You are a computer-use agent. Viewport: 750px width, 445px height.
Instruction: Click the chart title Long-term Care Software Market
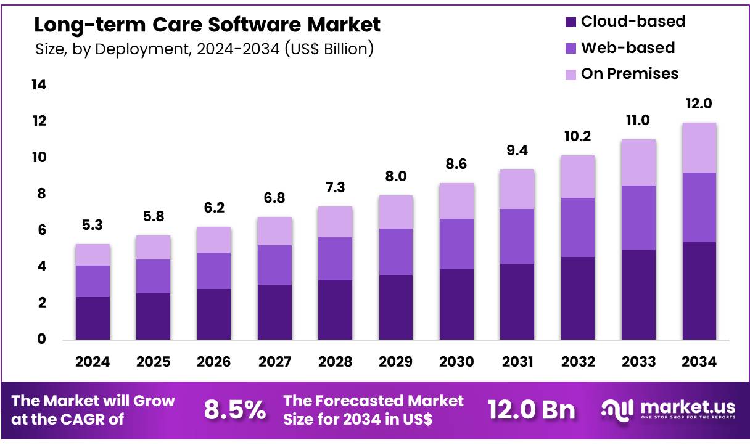pyautogui.click(x=207, y=25)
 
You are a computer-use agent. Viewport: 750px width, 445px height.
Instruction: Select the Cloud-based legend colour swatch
pyautogui.click(x=571, y=22)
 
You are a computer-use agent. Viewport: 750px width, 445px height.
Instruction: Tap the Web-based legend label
pyautogui.click(x=628, y=47)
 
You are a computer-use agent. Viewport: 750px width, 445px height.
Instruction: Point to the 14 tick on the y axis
pyautogui.click(x=38, y=85)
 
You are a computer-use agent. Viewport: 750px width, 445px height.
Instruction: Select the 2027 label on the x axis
pyautogui.click(x=274, y=362)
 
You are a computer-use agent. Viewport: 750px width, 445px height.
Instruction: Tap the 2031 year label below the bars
pyautogui.click(x=517, y=362)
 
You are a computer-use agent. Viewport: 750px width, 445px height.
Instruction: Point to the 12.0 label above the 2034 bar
pyautogui.click(x=699, y=104)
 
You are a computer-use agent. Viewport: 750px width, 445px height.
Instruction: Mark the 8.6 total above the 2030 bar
pyautogui.click(x=456, y=165)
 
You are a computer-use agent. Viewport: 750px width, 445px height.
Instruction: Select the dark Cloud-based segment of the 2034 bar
pyautogui.click(x=699, y=291)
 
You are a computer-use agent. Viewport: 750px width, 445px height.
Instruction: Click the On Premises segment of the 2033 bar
pyautogui.click(x=638, y=162)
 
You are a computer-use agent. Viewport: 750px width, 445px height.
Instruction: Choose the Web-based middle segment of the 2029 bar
pyautogui.click(x=396, y=251)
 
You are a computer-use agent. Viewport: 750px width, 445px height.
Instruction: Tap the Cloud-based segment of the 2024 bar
pyautogui.click(x=93, y=318)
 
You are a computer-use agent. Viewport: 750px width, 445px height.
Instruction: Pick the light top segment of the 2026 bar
pyautogui.click(x=213, y=240)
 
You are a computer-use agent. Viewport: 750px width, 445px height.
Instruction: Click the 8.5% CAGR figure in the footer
pyautogui.click(x=234, y=410)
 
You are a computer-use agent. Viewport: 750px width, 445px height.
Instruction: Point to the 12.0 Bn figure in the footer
pyautogui.click(x=531, y=410)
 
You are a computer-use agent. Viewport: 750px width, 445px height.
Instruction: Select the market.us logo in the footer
pyautogui.click(x=668, y=409)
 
